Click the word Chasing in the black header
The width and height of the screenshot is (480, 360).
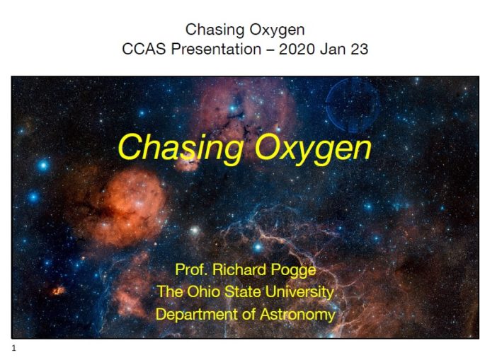pos(215,30)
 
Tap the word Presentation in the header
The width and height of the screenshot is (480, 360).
pos(216,49)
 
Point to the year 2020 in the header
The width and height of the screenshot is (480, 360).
pos(297,49)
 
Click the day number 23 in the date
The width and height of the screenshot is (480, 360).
pos(360,49)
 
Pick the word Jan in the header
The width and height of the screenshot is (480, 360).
pos(333,49)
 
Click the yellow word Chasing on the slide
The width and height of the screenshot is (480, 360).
pos(181,148)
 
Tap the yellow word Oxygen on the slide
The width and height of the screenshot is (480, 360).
pos(312,149)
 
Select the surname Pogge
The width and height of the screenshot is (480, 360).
pos(294,270)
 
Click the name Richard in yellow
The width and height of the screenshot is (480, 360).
pos(239,269)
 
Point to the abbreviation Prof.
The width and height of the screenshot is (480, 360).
pos(191,269)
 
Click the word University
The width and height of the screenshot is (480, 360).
pos(299,292)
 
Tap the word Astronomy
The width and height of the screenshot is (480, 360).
pos(297,315)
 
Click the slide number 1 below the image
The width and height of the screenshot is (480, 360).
pos(13,348)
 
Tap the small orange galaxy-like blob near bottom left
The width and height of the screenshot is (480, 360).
pos(58,290)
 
